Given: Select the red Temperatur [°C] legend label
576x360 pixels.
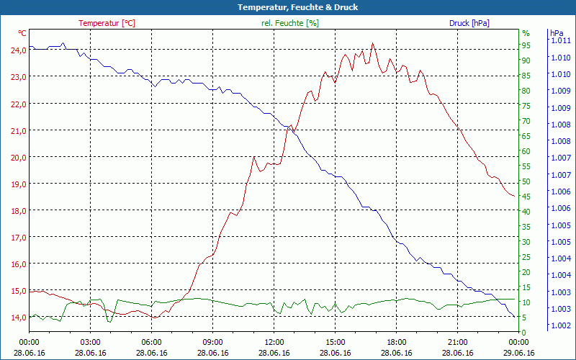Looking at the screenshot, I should point(107,23).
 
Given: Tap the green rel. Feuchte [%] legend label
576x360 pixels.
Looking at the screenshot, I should point(289,23).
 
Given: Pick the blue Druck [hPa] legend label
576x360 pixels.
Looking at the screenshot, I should point(469,23).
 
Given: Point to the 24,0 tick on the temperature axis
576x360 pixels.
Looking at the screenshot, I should point(18,50).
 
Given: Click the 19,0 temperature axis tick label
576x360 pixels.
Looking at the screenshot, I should point(18,184).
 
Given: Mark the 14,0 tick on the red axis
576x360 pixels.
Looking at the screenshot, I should point(18,317).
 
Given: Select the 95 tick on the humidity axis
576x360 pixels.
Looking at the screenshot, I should point(526,45).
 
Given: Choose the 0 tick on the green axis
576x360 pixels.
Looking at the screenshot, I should point(524,332).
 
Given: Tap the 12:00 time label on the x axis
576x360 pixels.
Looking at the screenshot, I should point(274,343).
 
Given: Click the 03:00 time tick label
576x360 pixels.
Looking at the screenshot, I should point(90,343).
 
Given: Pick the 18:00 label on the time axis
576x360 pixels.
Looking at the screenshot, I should point(397,343).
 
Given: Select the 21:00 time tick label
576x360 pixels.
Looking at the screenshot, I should point(458,343).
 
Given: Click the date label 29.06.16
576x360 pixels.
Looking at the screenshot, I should point(519,353).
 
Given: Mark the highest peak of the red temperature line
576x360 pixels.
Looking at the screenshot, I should point(372,43).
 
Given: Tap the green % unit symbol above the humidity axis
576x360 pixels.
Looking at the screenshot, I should point(526,33).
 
